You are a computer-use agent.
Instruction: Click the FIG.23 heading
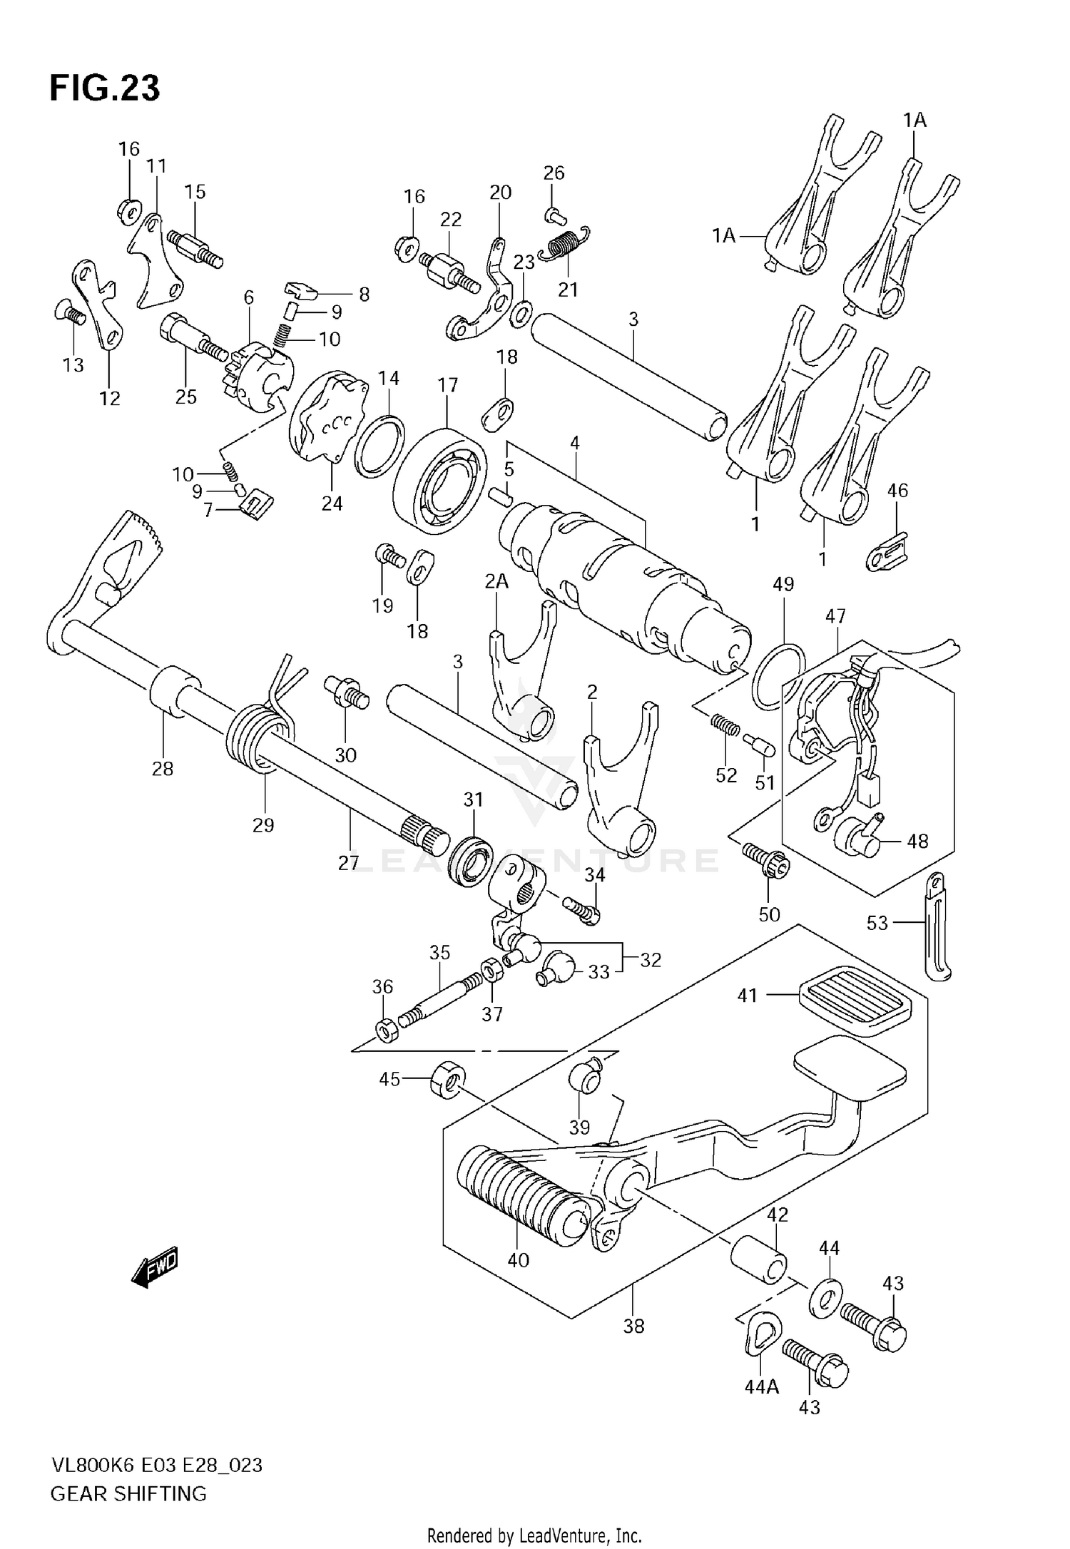(x=105, y=88)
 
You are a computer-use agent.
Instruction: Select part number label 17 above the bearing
(x=447, y=386)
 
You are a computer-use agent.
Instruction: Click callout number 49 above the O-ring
(x=783, y=585)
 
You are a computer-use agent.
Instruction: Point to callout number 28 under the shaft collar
(x=163, y=769)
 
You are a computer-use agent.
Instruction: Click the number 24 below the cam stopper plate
(x=332, y=503)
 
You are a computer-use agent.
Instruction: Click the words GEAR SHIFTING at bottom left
(x=128, y=1493)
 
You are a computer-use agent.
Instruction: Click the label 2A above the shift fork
(x=497, y=582)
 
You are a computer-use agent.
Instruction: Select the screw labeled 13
(x=68, y=312)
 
